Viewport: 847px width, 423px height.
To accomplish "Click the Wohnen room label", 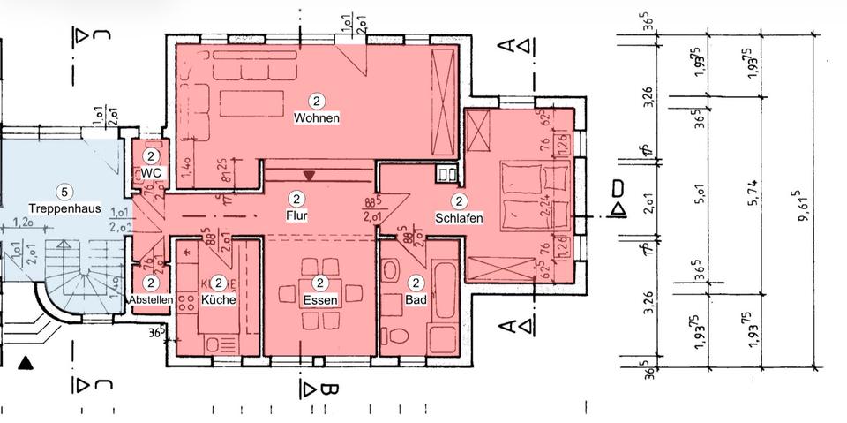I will coord(317,117).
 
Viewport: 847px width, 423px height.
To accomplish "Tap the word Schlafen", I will coord(459,217).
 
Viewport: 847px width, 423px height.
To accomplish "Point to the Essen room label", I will coord(320,300).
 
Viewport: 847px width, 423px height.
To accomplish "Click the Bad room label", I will coord(416,300).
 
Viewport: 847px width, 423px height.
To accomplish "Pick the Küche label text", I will coord(219,300).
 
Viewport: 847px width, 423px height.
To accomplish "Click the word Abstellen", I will coord(151,300).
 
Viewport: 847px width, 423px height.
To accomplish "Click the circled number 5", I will coord(63,191).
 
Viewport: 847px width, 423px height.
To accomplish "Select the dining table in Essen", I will coord(320,281).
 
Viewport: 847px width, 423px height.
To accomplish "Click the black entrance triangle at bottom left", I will coord(26,361).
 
